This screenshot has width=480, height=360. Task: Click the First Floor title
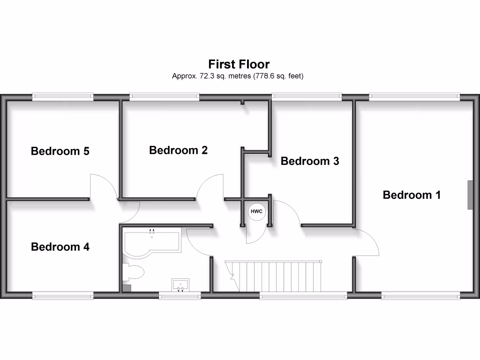tap(239, 64)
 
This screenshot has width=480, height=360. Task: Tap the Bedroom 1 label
tap(412, 195)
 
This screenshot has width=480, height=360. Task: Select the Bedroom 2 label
tap(178, 150)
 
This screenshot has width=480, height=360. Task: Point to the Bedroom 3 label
tap(309, 161)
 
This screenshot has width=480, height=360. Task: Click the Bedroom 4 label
tap(60, 247)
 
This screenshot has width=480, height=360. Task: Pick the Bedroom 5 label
tap(60, 151)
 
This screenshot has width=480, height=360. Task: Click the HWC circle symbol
tap(256, 212)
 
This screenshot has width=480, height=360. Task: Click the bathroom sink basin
tap(180, 284)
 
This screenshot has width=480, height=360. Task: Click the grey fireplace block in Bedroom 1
tap(469, 195)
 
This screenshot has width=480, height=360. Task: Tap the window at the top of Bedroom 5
tap(63, 97)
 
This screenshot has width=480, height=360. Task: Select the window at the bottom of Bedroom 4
tap(63, 295)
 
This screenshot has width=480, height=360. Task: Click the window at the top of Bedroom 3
tap(307, 97)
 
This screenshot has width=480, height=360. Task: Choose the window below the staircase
tap(303, 295)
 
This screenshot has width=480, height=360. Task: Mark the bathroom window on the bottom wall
tap(180, 295)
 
